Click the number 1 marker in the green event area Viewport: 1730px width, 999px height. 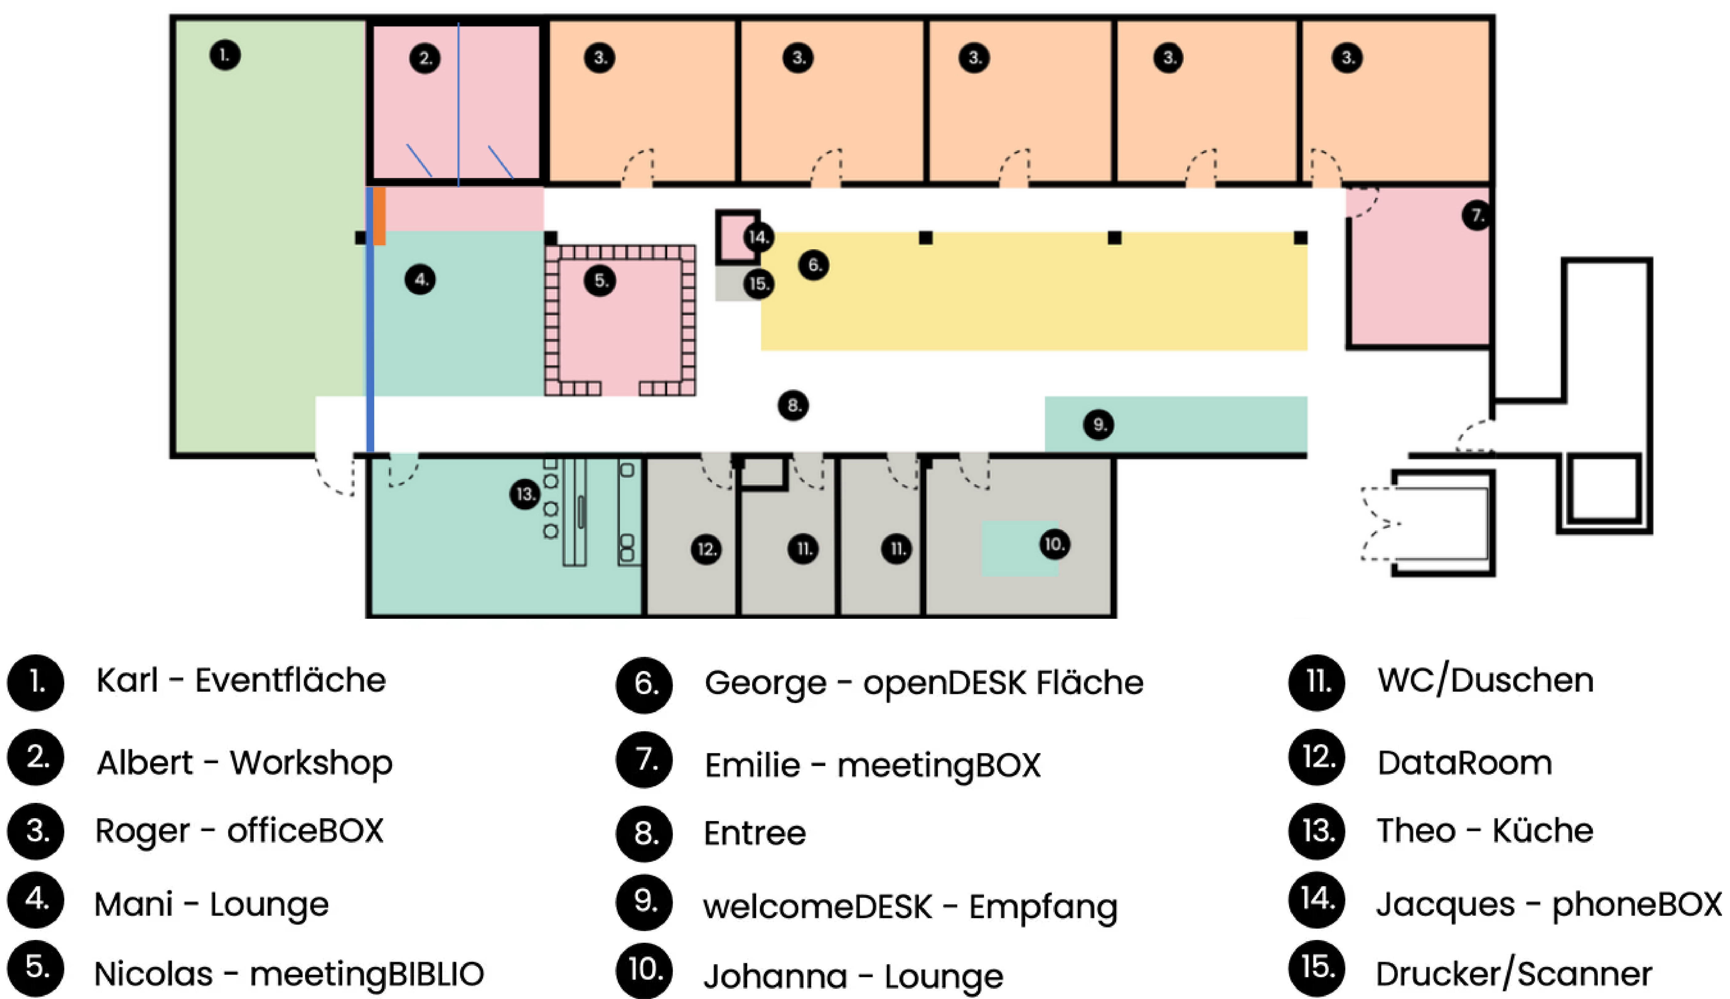225,55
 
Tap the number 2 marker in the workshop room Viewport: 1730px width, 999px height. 425,58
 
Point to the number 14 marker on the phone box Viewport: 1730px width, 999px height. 758,237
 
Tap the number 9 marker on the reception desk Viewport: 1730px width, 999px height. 1099,425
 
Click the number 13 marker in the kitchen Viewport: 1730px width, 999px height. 525,494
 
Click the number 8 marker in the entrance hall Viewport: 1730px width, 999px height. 793,405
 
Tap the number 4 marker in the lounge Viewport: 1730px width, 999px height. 420,279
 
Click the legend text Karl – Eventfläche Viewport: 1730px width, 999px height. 241,681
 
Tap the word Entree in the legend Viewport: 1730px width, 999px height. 755,833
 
